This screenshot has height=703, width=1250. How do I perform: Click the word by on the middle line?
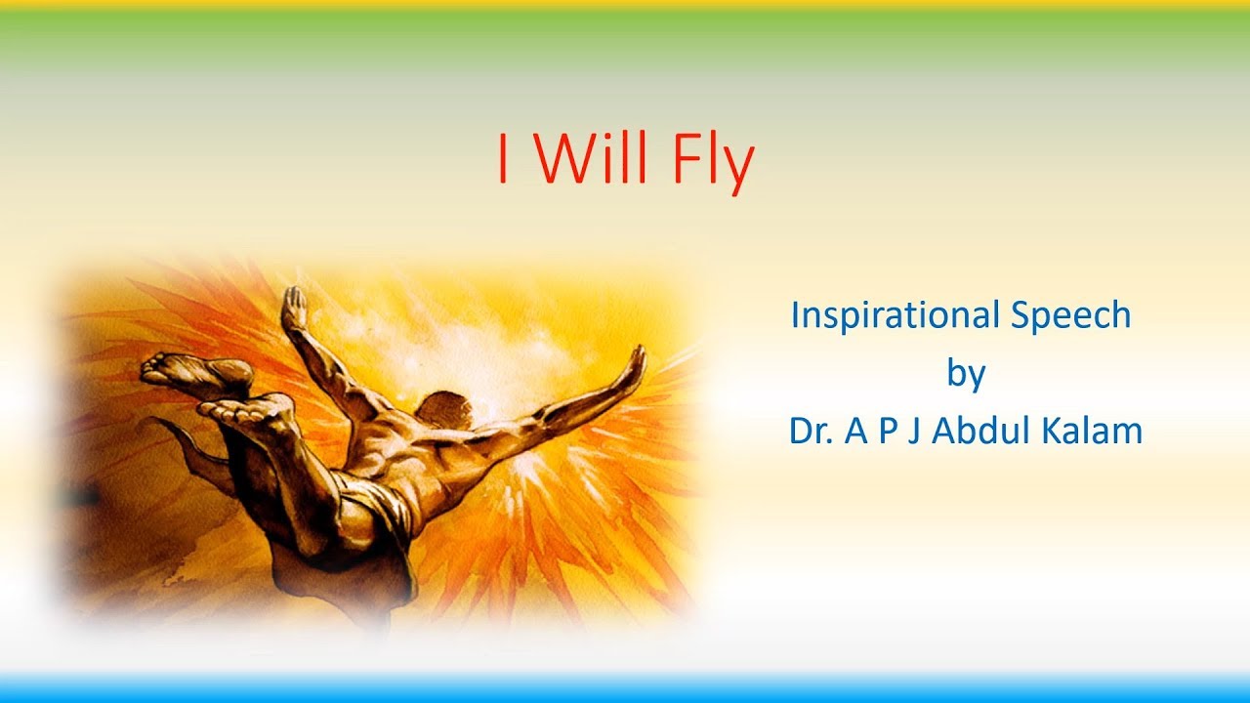click(966, 374)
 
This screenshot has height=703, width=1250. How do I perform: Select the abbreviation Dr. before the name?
click(812, 431)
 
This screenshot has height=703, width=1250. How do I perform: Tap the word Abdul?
click(985, 431)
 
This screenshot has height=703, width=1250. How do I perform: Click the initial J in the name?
click(914, 431)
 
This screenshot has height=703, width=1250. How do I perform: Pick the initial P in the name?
click(887, 431)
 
